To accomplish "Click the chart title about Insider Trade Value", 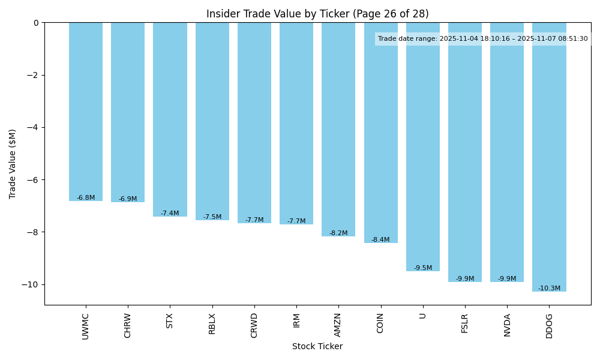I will pyautogui.click(x=317, y=14).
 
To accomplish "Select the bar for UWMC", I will pyautogui.click(x=86, y=111).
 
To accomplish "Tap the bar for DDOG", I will pyautogui.click(x=549, y=156).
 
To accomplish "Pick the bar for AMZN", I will pyautogui.click(x=338, y=129).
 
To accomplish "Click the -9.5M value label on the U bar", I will pyautogui.click(x=423, y=268).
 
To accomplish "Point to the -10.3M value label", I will pyautogui.click(x=549, y=288).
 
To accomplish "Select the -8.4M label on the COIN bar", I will pyautogui.click(x=380, y=239).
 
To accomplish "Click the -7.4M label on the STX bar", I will pyautogui.click(x=170, y=213).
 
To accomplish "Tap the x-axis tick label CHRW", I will pyautogui.click(x=128, y=325).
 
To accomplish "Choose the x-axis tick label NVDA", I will pyautogui.click(x=507, y=325).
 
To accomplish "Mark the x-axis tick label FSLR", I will pyautogui.click(x=465, y=325).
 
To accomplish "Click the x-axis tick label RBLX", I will pyautogui.click(x=212, y=325).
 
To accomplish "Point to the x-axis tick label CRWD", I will pyautogui.click(x=254, y=325).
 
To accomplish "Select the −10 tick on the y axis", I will pyautogui.click(x=31, y=284).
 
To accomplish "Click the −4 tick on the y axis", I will pyautogui.click(x=34, y=127).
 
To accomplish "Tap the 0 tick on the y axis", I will pyautogui.click(x=36, y=23).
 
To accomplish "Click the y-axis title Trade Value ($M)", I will pyautogui.click(x=13, y=164).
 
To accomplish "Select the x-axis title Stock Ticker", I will pyautogui.click(x=317, y=346).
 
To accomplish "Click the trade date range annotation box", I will pyautogui.click(x=483, y=38).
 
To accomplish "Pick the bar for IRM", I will pyautogui.click(x=296, y=123).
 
